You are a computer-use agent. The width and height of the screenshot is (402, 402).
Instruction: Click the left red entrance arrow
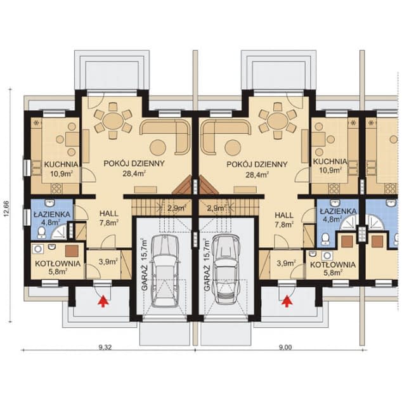point(103,301)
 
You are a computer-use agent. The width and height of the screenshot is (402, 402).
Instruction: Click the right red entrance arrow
point(287,301)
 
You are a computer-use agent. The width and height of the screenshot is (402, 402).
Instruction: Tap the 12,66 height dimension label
point(7,209)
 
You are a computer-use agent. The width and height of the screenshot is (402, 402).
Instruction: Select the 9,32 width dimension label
point(105,347)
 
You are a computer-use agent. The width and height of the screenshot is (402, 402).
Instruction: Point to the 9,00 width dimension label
point(285,347)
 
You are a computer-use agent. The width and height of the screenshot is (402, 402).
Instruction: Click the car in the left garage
point(165,271)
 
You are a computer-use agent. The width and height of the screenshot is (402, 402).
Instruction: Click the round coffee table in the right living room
point(233,148)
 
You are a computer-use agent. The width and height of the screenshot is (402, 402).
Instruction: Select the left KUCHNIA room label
point(61,164)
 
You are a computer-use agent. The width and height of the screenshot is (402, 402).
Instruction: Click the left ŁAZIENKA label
point(52,214)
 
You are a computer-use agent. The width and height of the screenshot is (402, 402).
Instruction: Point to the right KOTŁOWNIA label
point(333,265)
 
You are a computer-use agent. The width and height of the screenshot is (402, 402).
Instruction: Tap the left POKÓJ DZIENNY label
point(134,164)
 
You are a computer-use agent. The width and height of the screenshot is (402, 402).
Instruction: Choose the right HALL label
point(284,216)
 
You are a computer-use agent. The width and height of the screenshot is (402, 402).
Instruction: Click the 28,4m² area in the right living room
point(257,175)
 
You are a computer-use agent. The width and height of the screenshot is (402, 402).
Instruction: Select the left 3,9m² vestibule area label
point(108,261)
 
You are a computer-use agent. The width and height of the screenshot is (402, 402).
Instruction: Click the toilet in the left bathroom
point(41,233)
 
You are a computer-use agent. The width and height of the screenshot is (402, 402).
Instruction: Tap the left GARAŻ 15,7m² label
point(145,264)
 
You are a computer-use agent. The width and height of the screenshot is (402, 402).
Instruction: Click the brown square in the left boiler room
point(72,251)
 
